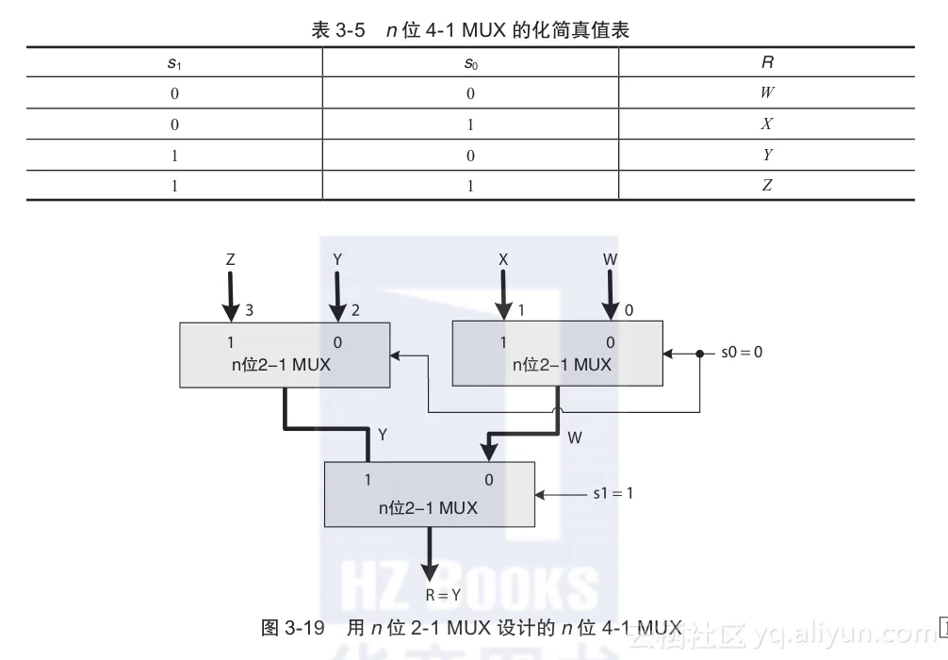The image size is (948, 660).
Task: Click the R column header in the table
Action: click(x=767, y=63)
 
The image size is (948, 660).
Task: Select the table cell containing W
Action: click(x=767, y=93)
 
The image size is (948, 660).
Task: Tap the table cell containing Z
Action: click(x=767, y=186)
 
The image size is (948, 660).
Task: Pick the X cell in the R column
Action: click(x=767, y=124)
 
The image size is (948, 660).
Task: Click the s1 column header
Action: click(x=174, y=63)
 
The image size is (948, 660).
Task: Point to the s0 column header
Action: click(x=470, y=63)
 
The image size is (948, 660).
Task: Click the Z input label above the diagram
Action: click(x=230, y=257)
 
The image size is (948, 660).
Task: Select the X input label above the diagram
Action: click(x=503, y=257)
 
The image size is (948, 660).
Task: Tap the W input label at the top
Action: click(x=609, y=257)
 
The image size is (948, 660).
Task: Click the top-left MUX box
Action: click(x=285, y=355)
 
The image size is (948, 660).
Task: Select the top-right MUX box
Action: click(x=557, y=355)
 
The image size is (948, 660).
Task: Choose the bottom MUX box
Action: click(x=429, y=493)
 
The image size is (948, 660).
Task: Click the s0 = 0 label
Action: click(x=742, y=353)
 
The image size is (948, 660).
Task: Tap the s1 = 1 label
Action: click(x=613, y=492)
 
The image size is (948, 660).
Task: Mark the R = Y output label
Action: click(x=443, y=595)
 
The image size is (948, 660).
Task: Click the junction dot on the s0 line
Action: click(x=699, y=355)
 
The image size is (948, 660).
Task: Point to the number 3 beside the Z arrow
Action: click(x=250, y=309)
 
